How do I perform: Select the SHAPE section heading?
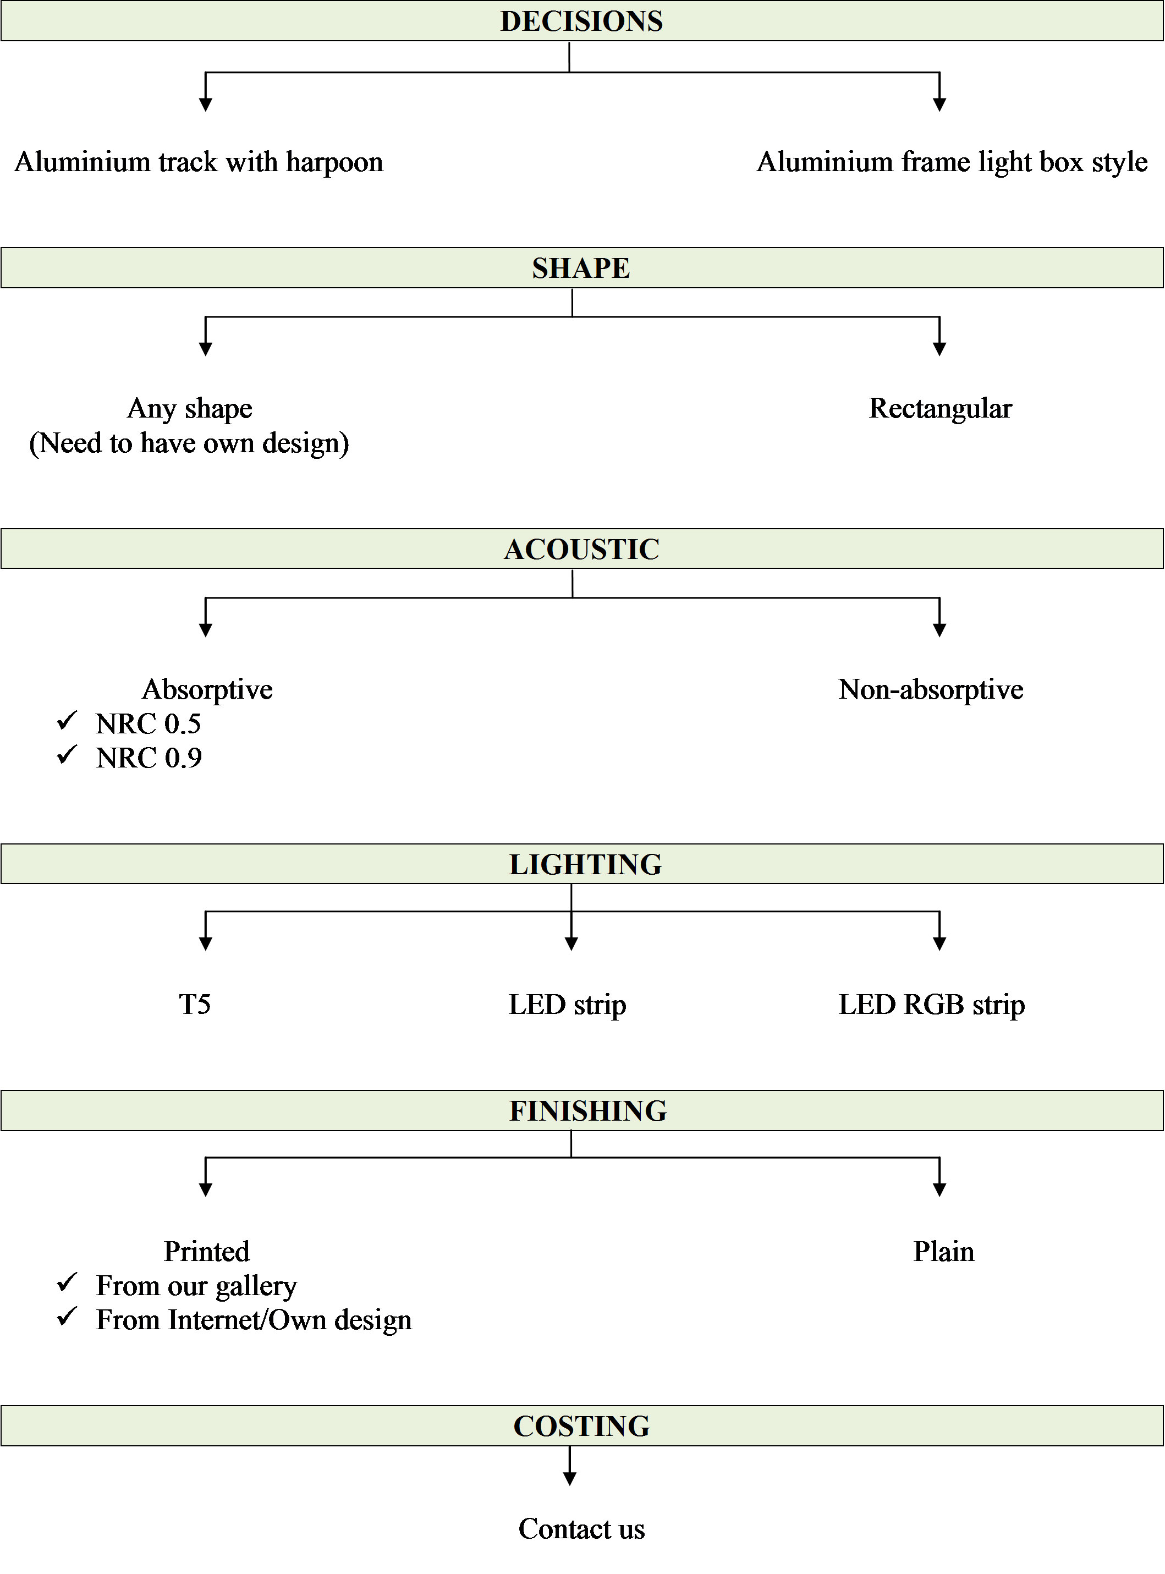(x=580, y=268)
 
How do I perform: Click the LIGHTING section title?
(x=585, y=864)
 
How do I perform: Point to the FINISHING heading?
(x=587, y=1111)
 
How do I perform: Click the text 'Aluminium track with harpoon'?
(x=199, y=162)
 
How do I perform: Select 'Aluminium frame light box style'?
(x=952, y=162)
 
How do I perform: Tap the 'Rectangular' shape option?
(x=940, y=408)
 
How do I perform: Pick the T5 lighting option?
(x=195, y=1004)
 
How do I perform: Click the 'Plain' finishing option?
(x=943, y=1252)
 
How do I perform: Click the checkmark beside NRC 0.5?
(x=67, y=721)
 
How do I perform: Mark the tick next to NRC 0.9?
(x=67, y=755)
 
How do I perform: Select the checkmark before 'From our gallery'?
(x=67, y=1283)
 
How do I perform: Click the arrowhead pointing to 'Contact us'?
(x=570, y=1479)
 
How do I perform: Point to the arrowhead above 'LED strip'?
(x=571, y=944)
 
